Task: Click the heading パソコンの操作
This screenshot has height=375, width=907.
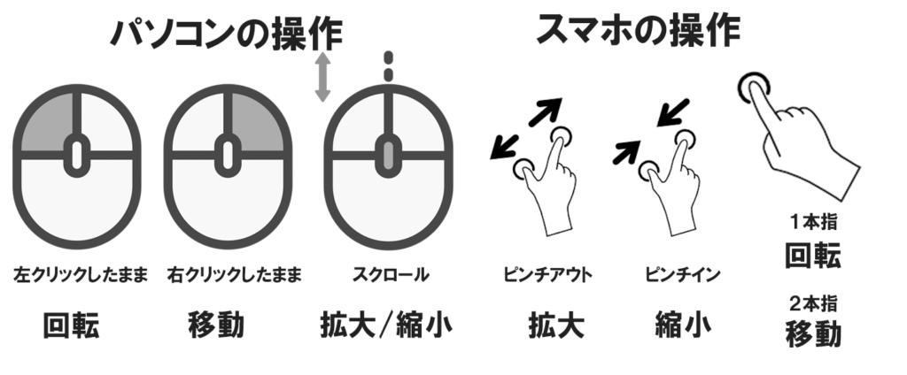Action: pos(226,34)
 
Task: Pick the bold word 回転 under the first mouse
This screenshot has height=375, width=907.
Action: pos(72,326)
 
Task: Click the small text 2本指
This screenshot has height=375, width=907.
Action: pos(812,303)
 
